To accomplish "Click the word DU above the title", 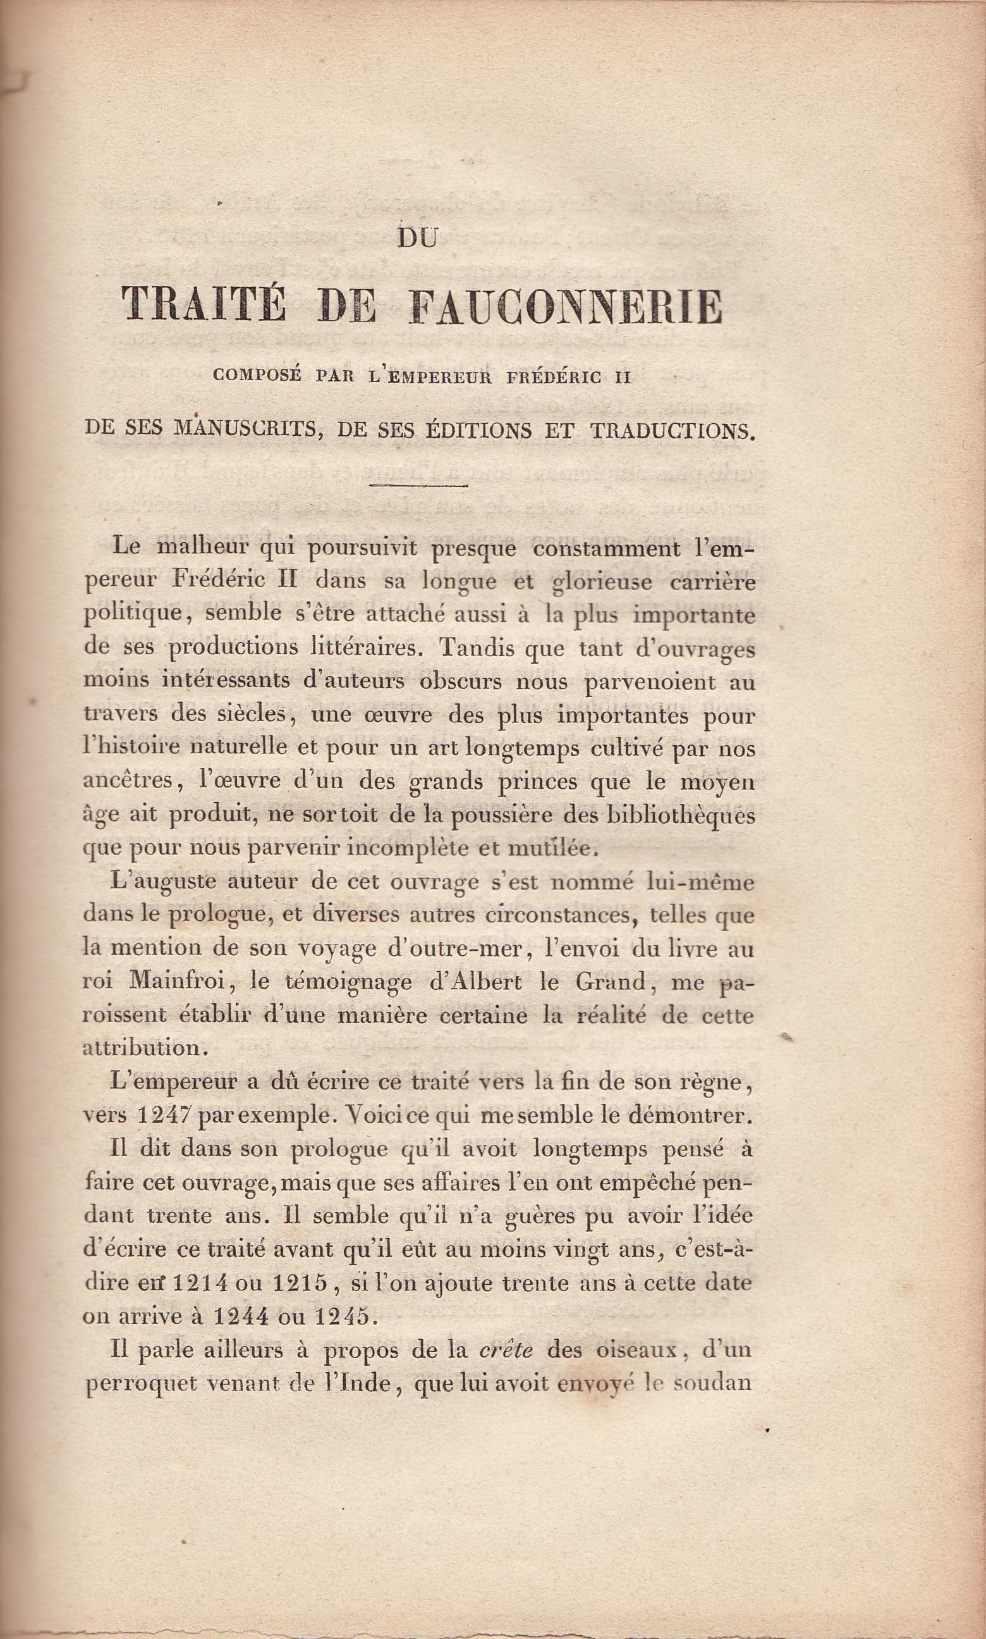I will (418, 238).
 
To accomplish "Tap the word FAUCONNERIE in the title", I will (566, 307).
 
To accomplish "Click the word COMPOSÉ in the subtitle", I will (257, 376).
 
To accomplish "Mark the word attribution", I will (142, 1049).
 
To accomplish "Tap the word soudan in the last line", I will (712, 1383).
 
